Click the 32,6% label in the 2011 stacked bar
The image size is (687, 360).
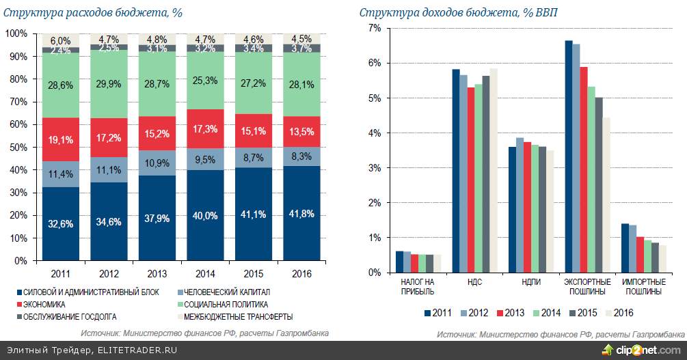tap(59, 223)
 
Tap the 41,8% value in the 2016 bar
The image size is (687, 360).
tap(303, 214)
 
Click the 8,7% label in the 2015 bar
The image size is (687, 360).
tap(254, 157)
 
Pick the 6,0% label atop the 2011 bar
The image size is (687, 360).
tap(59, 41)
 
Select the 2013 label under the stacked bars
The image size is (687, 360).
tap(157, 274)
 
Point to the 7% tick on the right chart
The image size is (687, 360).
tap(374, 28)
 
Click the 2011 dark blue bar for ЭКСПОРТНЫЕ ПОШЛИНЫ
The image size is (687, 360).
tap(568, 156)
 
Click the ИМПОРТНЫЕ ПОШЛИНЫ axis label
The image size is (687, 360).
tap(641, 286)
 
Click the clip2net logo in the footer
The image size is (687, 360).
tap(641, 350)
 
